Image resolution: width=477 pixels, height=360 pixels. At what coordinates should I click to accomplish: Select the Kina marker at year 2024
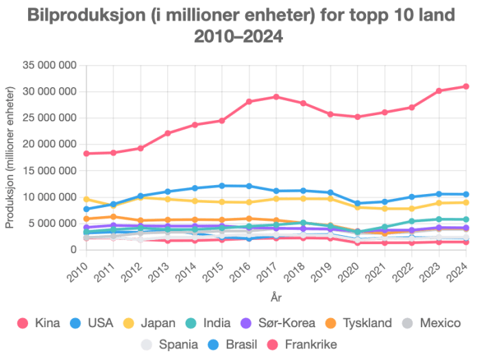pyautogui.click(x=466, y=86)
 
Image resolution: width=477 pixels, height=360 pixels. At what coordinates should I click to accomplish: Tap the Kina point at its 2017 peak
pyautogui.click(x=276, y=97)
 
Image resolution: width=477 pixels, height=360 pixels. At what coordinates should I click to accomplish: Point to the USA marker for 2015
pyautogui.click(x=222, y=186)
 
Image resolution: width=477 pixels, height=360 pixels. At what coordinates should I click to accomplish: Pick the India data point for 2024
pyautogui.click(x=466, y=219)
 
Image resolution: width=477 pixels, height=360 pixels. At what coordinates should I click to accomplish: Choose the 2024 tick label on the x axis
pyautogui.click(x=461, y=269)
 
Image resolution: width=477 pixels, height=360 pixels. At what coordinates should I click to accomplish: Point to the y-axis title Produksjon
pyautogui.click(x=10, y=158)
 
